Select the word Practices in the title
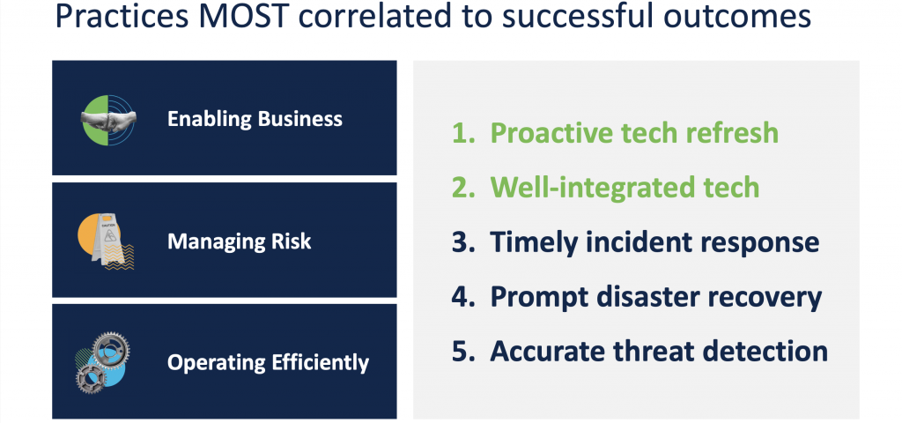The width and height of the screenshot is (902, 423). click(121, 18)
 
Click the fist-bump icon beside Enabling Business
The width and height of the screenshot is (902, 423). click(108, 119)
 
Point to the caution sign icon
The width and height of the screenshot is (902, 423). click(107, 241)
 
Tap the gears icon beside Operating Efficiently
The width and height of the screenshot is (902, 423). click(102, 363)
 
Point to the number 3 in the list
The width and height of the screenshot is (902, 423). click(460, 242)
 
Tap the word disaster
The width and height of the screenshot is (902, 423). click(636, 297)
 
